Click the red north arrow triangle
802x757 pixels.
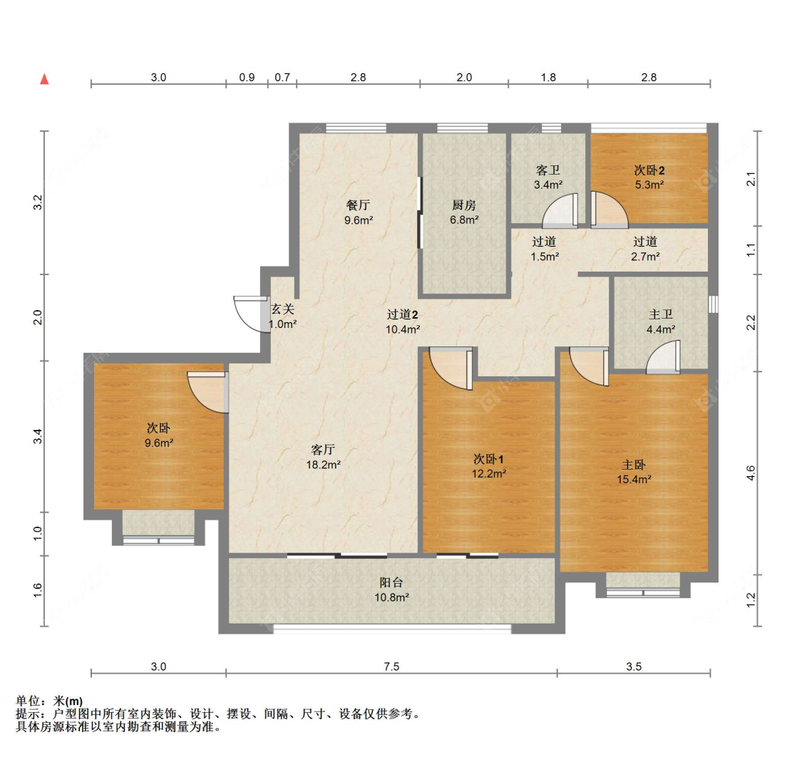44,79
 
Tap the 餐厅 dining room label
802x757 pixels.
358,212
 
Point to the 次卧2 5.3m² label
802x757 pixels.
649,177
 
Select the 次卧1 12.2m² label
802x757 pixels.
489,465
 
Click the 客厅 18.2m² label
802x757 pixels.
323,457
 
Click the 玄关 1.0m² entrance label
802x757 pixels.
282,316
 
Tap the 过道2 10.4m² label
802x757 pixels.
403,321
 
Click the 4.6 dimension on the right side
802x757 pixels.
750,473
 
